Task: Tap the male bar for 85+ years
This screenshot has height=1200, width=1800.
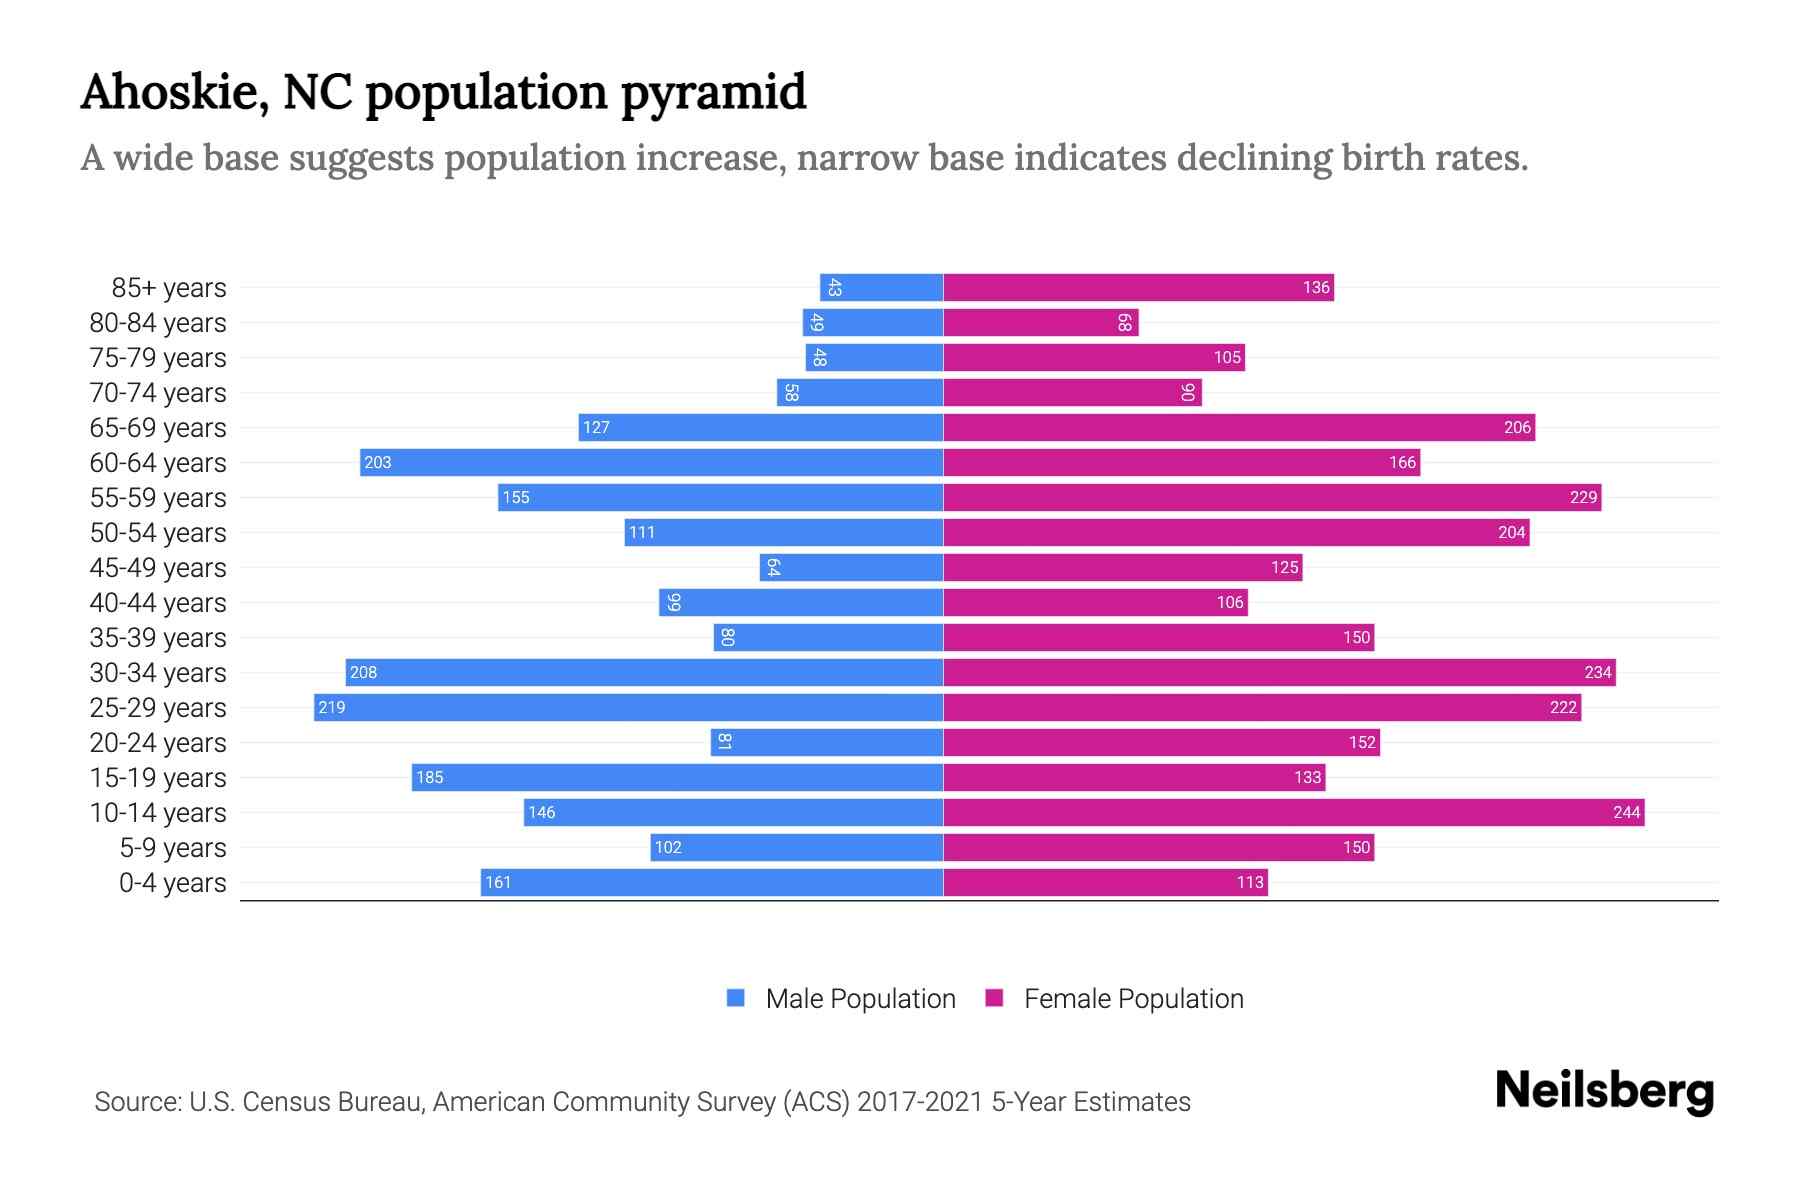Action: pos(881,287)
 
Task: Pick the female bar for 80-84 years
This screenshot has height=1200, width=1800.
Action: pos(1040,322)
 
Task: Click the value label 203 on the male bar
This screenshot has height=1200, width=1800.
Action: pos(378,462)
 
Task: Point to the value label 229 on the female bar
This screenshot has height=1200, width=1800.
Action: pos(1583,497)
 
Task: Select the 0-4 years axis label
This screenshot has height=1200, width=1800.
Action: pos(172,883)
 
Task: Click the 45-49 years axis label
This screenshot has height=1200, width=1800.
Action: pos(158,568)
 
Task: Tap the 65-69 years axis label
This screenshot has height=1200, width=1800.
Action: pos(158,428)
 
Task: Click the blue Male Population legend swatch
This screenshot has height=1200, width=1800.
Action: pos(736,998)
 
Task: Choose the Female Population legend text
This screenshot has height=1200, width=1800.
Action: pos(1133,998)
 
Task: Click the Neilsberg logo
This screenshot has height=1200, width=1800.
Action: pos(1604,1091)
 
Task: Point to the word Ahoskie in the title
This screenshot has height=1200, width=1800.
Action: pos(173,92)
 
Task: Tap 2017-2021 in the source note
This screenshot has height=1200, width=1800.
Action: pos(920,1102)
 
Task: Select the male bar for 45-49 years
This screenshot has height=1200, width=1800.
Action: pos(851,567)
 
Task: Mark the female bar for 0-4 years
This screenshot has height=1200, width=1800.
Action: pos(1105,882)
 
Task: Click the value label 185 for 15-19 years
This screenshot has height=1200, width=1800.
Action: pos(429,777)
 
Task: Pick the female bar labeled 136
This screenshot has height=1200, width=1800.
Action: pos(1138,287)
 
